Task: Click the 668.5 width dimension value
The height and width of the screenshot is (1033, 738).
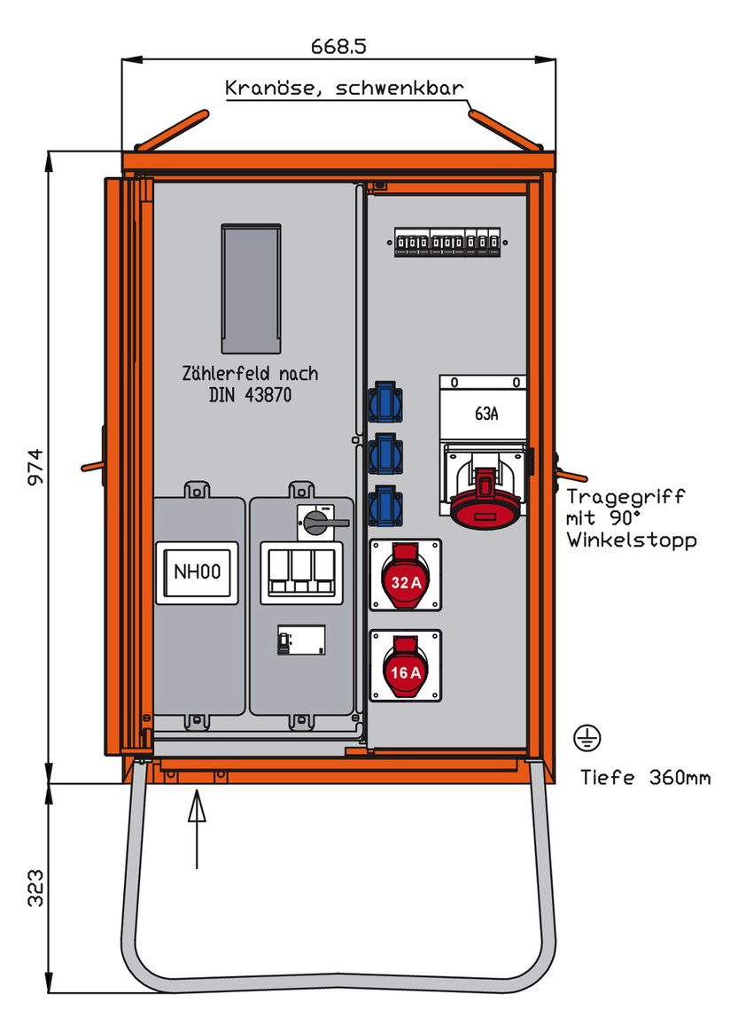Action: click(x=339, y=45)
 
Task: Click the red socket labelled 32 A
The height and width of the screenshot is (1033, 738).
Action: click(x=405, y=575)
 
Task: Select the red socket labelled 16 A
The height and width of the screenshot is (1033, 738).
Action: click(x=405, y=665)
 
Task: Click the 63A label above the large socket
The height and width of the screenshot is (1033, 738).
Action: click(x=484, y=413)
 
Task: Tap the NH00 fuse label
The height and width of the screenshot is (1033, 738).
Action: click(x=197, y=573)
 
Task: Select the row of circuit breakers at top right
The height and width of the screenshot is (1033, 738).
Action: click(x=448, y=243)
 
